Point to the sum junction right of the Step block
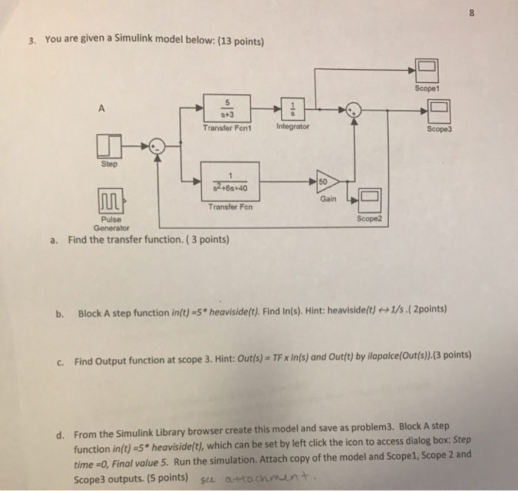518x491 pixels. point(153,145)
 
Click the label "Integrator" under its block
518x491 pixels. point(292,128)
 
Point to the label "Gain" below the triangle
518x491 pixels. point(327,200)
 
